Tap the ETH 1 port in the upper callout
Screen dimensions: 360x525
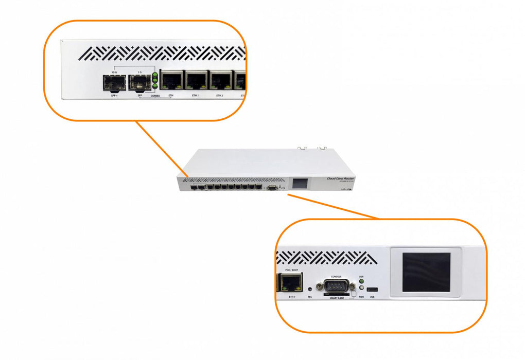(x=196, y=80)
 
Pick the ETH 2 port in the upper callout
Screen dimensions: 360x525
(x=220, y=80)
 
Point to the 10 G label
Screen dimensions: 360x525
(x=116, y=73)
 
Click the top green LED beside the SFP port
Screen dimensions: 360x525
(x=155, y=75)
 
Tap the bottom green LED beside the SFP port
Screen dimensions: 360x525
(x=155, y=86)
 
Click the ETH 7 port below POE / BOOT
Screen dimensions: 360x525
(x=288, y=282)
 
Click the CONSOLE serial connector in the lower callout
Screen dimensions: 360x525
(x=335, y=287)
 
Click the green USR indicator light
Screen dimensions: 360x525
(x=361, y=281)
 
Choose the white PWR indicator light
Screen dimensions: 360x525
(x=361, y=290)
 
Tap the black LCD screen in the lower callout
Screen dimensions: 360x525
(x=426, y=272)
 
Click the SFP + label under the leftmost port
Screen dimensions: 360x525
(x=114, y=96)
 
